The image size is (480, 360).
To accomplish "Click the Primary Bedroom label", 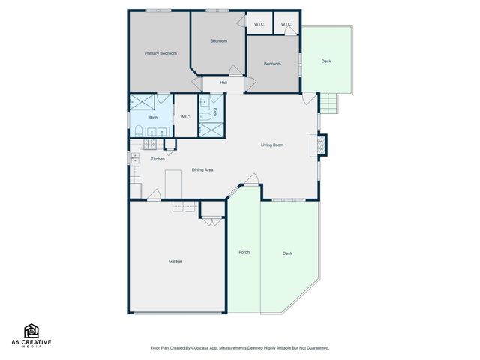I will [x=160, y=54].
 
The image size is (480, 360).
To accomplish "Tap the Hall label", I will [x=223, y=82].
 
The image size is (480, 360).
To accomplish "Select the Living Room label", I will [x=272, y=145].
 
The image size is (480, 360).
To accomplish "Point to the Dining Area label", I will [x=202, y=170].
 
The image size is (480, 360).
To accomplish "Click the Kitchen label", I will [x=157, y=159].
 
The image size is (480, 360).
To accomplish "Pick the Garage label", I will [x=175, y=261].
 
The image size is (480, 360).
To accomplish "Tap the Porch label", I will [x=244, y=252].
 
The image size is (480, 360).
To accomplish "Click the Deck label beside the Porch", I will [x=287, y=253].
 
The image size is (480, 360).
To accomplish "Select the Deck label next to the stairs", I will [x=326, y=61].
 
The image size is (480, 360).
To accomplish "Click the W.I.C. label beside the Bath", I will [x=186, y=117].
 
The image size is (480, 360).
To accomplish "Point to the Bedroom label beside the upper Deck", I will [x=272, y=64].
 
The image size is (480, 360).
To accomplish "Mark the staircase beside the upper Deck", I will [x=328, y=103].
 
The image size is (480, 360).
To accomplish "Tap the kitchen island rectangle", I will [x=173, y=181].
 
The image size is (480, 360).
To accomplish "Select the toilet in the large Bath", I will [x=139, y=131].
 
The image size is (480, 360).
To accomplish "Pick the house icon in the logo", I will [x=31, y=331].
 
